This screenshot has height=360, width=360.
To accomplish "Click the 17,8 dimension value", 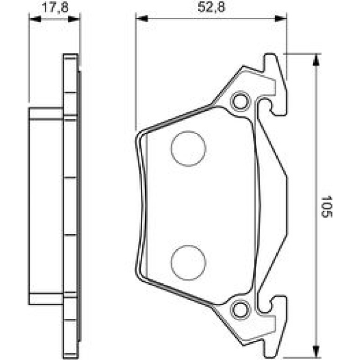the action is (55, 7).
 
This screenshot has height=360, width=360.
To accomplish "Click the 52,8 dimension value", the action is (211, 7).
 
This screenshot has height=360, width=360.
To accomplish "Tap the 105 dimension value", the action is (327, 206).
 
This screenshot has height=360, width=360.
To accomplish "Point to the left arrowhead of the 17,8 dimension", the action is (35, 19).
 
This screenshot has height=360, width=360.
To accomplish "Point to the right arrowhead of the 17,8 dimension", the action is (74, 19).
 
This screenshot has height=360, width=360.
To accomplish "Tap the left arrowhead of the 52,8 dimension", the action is (142, 18).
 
